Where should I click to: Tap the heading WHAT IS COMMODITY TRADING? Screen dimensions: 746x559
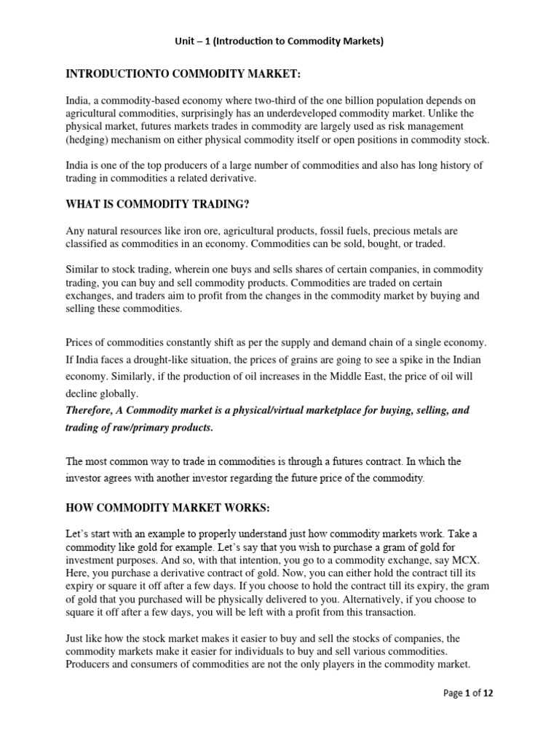click(x=173, y=206)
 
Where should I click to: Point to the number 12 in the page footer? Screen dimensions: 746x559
click(x=488, y=694)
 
